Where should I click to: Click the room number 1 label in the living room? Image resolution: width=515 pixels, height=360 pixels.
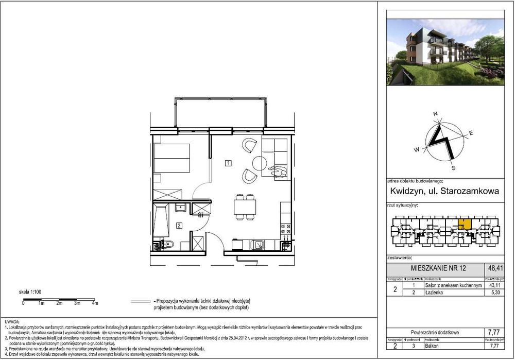(x=228, y=163)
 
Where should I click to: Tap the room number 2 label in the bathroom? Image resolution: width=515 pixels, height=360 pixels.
(x=179, y=225)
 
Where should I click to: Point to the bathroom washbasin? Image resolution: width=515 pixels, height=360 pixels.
(x=180, y=207)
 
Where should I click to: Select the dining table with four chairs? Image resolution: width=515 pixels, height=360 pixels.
(x=245, y=207)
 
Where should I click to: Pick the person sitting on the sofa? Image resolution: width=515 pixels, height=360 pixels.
(x=279, y=170)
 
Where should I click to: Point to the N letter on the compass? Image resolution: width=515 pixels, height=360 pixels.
(x=435, y=114)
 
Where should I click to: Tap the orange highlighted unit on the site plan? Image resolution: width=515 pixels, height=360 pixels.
(x=464, y=224)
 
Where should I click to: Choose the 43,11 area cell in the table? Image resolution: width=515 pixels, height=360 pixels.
(x=495, y=285)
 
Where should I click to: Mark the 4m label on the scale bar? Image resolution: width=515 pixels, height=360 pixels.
(x=95, y=304)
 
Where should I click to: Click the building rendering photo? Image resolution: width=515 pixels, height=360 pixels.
(x=445, y=52)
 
